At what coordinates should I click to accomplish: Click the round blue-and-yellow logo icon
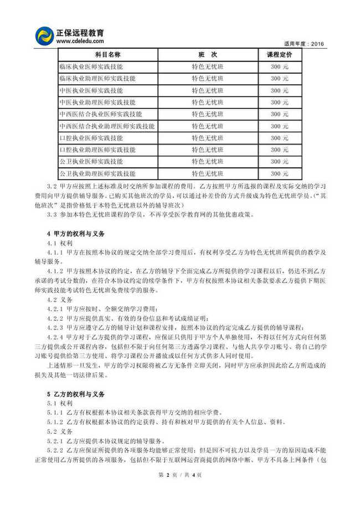[x=44, y=37]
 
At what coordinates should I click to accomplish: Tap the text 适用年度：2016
[x=304, y=44]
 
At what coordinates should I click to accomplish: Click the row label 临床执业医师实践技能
[x=91, y=66]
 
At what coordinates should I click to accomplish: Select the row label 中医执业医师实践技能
[x=91, y=90]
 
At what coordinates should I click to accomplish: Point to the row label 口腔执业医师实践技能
[x=91, y=138]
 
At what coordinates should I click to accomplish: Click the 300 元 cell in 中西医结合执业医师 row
[x=279, y=114]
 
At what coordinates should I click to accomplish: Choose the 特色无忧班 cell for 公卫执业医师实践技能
[x=207, y=162]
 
